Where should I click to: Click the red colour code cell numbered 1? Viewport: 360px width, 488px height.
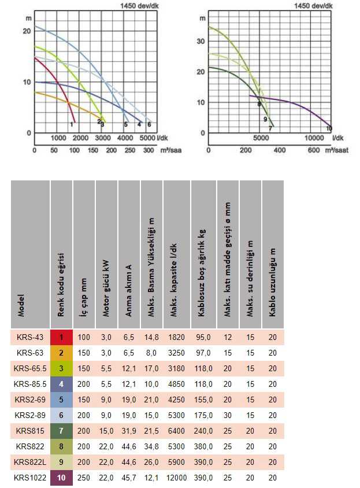[61, 337]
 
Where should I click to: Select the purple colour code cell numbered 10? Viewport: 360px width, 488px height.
[61, 478]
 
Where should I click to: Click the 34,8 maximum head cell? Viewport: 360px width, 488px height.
[151, 446]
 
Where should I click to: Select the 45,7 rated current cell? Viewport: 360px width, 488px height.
[129, 478]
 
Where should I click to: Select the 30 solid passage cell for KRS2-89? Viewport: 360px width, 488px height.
[228, 415]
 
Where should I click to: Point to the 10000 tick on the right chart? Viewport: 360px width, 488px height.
[314, 138]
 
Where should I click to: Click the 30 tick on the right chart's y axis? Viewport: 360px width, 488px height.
[202, 42]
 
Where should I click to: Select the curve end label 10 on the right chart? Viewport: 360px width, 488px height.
[329, 128]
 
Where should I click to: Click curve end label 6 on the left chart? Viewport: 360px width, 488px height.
[149, 124]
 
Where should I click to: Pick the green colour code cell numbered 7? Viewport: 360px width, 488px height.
[61, 431]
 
